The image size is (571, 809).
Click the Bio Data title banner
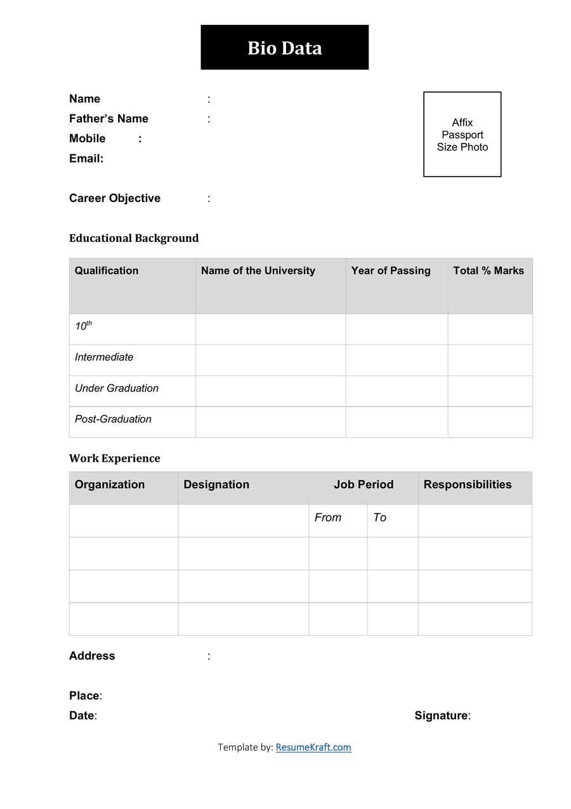pos(284,48)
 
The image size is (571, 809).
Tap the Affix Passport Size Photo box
pos(462,134)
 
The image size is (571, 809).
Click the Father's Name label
pos(108,119)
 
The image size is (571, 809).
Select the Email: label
pos(86,159)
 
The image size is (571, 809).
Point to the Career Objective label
pos(115,198)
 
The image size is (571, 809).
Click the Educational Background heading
pos(134,238)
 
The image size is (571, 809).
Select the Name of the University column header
pos(258,271)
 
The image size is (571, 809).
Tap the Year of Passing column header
pos(390,271)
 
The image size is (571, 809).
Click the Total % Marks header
pos(488,271)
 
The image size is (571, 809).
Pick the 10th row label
pos(83,326)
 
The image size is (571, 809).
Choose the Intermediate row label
pos(104,357)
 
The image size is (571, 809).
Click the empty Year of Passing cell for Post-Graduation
pos(397,422)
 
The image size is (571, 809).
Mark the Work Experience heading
pos(115,458)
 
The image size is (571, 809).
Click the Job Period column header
pos(364,485)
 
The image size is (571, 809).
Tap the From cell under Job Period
pos(328,518)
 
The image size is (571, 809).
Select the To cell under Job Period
pos(379,518)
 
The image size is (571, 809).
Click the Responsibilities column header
pos(467,485)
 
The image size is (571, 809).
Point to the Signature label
pos(442,716)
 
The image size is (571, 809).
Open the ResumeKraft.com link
pos(313,747)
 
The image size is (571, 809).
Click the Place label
pos(84,696)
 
